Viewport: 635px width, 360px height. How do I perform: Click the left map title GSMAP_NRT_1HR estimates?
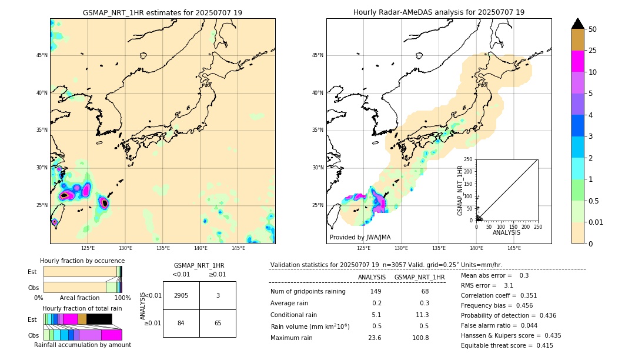point(162,12)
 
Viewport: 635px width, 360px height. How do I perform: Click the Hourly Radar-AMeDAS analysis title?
point(439,12)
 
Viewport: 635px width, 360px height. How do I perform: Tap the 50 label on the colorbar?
point(593,29)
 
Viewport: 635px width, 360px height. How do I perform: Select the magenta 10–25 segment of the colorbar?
point(577,61)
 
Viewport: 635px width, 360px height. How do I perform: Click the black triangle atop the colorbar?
point(577,24)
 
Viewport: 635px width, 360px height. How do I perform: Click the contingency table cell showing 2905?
point(181,295)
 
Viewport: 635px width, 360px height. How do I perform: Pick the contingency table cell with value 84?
point(181,323)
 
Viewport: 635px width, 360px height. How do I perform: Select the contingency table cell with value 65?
point(218,323)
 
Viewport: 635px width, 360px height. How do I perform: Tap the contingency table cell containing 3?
point(218,295)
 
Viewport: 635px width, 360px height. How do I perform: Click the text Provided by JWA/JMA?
point(360,237)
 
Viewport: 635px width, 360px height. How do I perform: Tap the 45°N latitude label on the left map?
point(42,55)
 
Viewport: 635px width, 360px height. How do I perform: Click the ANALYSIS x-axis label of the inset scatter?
point(506,233)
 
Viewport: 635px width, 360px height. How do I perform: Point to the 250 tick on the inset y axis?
point(469,159)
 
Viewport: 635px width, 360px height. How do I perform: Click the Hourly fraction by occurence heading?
point(82,261)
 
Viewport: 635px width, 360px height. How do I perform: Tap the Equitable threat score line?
point(507,345)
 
